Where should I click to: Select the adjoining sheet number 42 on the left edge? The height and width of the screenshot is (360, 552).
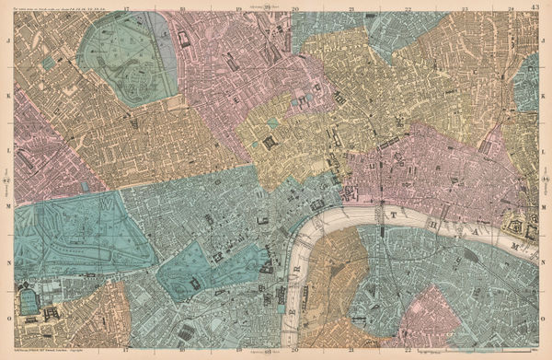pyautogui.click(x=6, y=180)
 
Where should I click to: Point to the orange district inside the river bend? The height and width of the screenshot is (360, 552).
pyautogui.click(x=322, y=276)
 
